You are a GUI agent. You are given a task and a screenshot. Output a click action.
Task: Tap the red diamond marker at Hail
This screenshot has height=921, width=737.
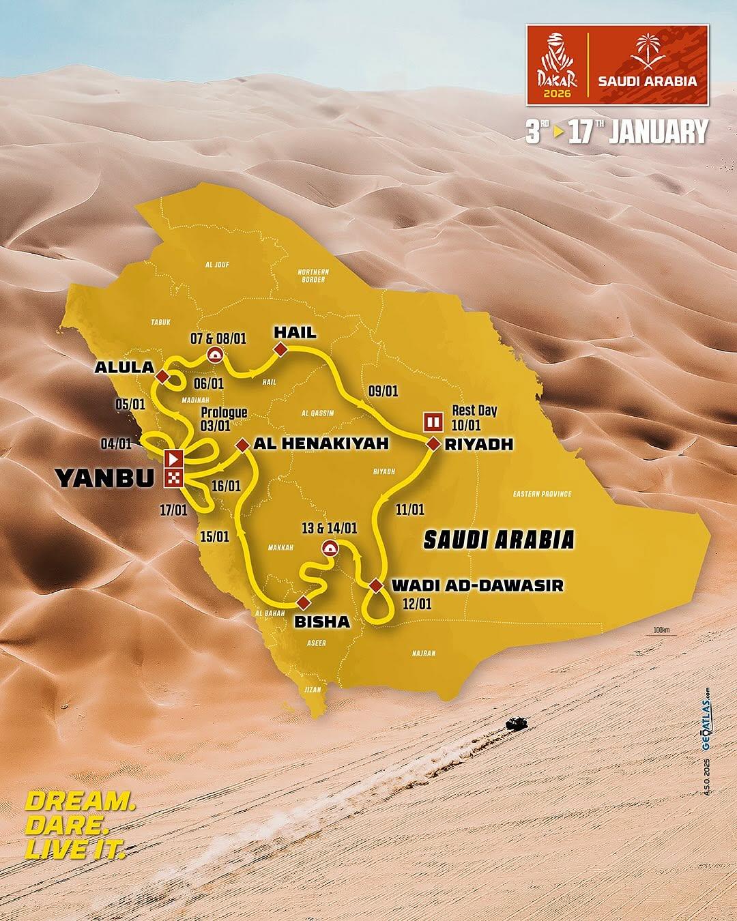[279, 350]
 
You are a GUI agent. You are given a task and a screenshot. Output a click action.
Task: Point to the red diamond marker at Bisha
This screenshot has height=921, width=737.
[302, 602]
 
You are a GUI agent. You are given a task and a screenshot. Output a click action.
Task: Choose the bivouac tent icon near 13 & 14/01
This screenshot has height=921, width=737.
[330, 547]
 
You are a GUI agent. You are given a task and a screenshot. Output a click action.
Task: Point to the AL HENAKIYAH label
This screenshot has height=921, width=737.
[321, 444]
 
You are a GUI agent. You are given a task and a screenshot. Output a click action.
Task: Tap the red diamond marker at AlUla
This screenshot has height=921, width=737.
[162, 377]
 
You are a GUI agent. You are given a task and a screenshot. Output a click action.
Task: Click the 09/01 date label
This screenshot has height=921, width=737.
[383, 391]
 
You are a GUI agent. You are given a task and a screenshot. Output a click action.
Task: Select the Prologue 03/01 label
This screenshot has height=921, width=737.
[224, 419]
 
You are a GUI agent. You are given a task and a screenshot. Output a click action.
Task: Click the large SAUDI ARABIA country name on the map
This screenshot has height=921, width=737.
[498, 540]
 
